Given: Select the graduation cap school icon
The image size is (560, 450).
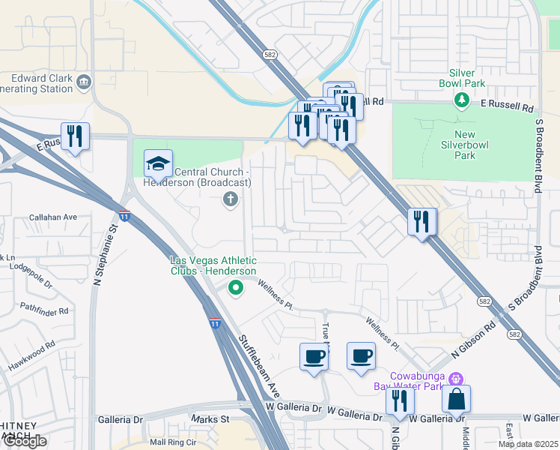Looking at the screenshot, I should [158, 163].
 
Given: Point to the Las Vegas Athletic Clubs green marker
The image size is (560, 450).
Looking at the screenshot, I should [236, 286].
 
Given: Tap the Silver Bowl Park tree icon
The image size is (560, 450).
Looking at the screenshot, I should [463, 99].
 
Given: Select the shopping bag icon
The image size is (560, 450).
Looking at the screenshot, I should [456, 399].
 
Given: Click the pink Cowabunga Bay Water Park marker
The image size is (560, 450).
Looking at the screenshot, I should [457, 379].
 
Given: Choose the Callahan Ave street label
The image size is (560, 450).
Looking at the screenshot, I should [53, 217].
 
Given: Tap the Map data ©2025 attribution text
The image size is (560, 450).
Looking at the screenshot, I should [528, 444].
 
